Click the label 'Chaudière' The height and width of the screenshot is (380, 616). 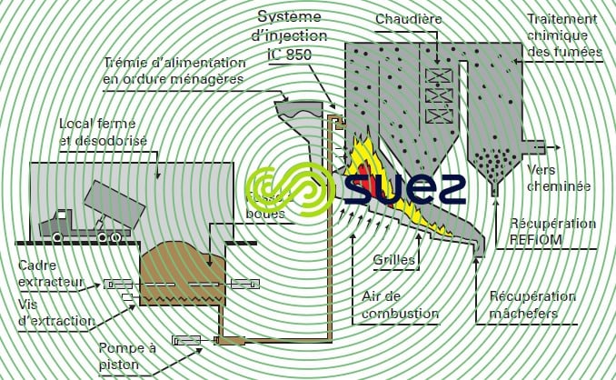click(x=411, y=19)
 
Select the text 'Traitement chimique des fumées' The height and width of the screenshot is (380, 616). click(x=563, y=35)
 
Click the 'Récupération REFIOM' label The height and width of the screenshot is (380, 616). click(x=552, y=231)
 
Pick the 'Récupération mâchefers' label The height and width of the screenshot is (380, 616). click(x=532, y=305)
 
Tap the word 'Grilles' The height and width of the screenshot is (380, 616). click(x=393, y=261)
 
